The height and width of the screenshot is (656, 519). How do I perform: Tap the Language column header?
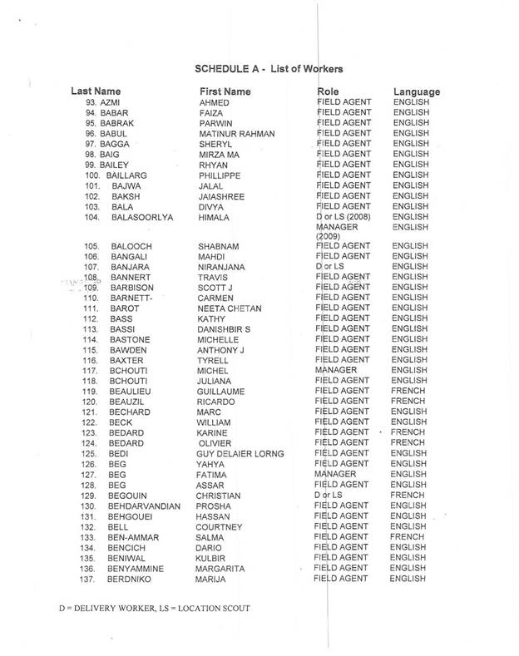pos(416,91)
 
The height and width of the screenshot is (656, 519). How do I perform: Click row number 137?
pos(91,579)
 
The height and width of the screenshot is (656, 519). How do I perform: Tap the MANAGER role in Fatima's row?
pos(339,475)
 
